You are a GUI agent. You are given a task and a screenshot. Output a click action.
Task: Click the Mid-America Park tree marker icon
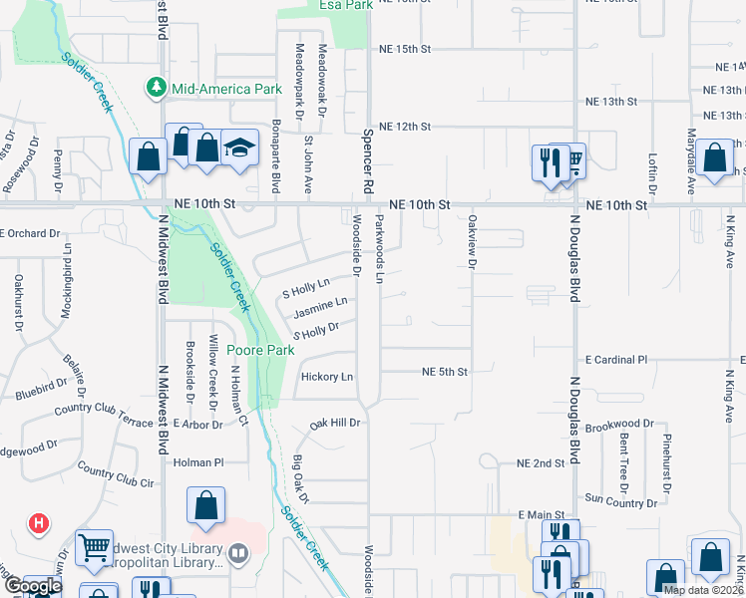157,89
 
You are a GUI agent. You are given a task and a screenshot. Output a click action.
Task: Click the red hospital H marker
39,522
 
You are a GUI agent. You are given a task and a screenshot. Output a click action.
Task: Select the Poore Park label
260,350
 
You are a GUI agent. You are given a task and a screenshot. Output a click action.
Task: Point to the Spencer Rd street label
368,159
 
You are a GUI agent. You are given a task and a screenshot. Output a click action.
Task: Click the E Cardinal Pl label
616,359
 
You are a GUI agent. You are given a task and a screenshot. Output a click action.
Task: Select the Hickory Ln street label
327,377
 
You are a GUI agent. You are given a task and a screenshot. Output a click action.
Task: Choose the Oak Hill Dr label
333,424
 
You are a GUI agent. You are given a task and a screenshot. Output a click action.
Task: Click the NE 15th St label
404,48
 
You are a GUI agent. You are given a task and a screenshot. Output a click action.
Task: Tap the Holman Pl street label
199,462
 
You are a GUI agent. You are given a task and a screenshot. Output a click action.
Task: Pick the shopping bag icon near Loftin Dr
716,158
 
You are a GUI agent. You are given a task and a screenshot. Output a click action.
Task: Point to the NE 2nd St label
541,463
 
